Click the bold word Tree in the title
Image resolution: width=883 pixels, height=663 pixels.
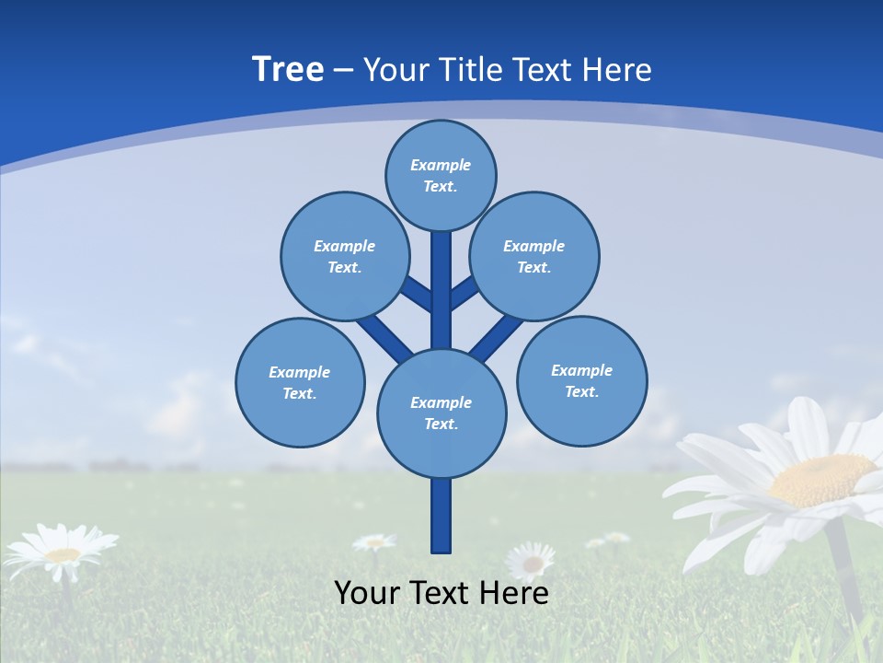288,69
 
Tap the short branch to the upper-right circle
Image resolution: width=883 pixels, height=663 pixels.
464,293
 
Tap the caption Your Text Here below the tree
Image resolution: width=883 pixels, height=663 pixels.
441,593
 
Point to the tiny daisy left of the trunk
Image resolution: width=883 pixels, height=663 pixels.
374,543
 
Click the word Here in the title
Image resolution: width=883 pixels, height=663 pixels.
618,69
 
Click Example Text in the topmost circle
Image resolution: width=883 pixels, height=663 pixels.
441,176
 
